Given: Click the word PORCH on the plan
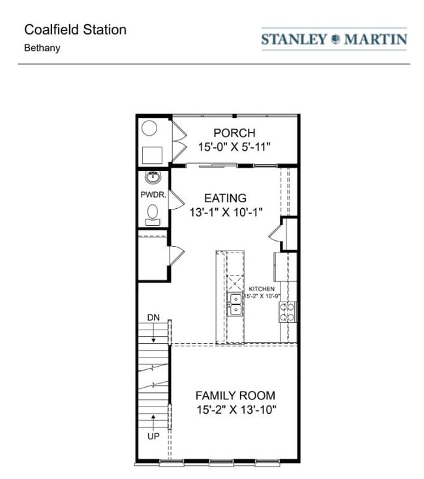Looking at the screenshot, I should pos(234,133).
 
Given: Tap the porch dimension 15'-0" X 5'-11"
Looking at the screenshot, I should pos(234,147).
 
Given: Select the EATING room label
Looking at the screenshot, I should pos(225,198).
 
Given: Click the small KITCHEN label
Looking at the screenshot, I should pos(261,288).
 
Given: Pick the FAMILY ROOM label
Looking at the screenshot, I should pos(235,395).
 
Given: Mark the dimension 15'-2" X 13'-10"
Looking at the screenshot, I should pos(235,410).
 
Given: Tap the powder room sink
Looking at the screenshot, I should pos(153,177).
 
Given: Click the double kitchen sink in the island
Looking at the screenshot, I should pos(234,305).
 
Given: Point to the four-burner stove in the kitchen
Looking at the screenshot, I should pos(288,312).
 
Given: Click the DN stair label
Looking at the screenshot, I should pos(153,318).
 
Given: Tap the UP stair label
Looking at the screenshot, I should pos(153,436).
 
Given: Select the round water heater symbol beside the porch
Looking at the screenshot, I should pos(149,128).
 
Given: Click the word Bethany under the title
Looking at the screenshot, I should pos(42,48).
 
